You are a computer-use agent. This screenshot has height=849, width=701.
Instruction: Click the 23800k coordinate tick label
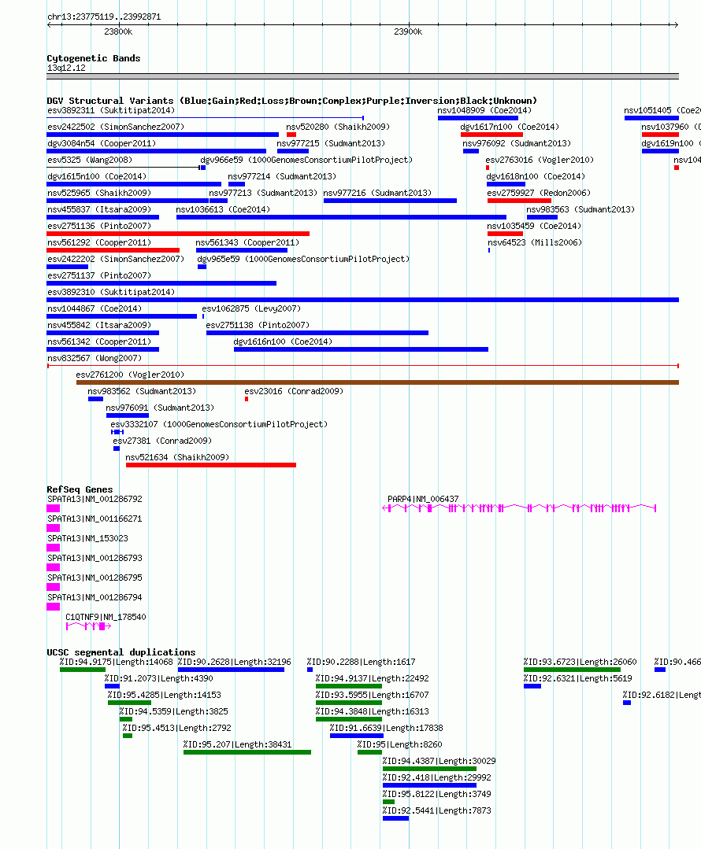(118, 32)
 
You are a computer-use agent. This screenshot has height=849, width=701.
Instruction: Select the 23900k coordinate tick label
(408, 32)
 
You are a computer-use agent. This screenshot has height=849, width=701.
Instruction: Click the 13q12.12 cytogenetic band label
(66, 68)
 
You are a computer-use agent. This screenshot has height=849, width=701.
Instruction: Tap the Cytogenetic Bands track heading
(93, 58)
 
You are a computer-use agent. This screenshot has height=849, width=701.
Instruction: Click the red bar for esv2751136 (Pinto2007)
(178, 234)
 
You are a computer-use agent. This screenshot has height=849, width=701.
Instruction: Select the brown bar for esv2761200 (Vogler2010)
(377, 382)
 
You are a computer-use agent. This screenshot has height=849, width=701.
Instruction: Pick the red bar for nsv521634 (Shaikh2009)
(211, 465)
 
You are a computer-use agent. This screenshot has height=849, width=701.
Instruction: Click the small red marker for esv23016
(247, 399)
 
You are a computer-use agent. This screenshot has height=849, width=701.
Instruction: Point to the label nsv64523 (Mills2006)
(535, 242)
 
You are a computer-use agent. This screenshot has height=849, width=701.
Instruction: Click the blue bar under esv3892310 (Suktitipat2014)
(362, 300)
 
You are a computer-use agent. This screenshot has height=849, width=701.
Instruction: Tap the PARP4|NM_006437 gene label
(423, 499)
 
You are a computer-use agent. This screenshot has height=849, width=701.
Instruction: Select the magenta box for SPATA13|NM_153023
(53, 548)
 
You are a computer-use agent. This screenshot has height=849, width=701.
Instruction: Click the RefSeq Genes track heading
(80, 489)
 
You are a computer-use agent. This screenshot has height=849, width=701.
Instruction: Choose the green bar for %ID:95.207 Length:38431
(247, 752)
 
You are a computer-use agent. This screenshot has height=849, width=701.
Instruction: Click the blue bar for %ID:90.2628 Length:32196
(231, 670)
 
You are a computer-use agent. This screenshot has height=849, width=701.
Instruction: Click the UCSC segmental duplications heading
(121, 652)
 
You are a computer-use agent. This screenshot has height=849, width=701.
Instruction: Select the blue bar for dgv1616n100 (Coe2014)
(361, 349)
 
